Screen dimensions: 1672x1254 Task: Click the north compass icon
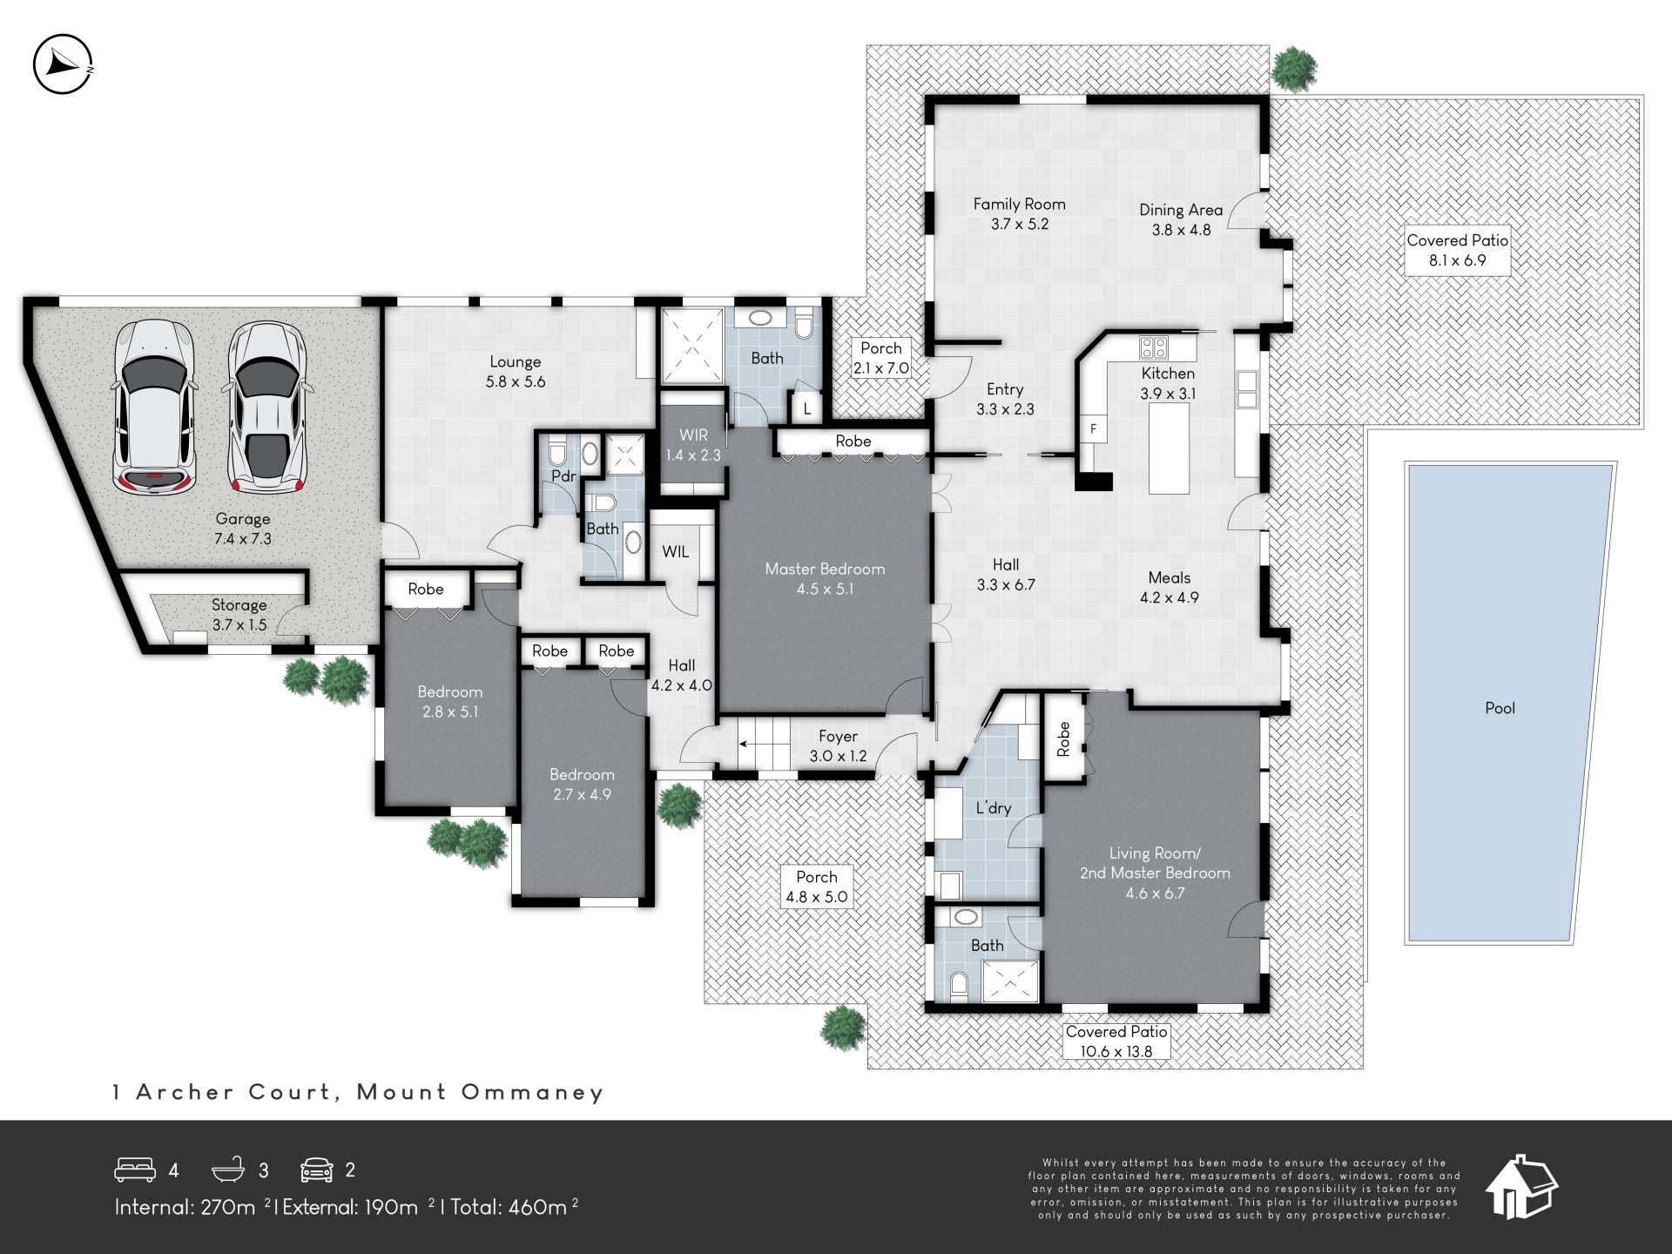[63, 64]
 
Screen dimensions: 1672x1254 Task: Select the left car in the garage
[155, 407]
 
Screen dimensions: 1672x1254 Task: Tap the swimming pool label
[1500, 708]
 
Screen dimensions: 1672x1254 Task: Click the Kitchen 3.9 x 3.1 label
[1168, 383]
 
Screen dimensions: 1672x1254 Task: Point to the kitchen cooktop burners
[1154, 347]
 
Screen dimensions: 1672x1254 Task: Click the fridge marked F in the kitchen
[1093, 428]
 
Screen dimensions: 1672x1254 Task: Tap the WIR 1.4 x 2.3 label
[693, 444]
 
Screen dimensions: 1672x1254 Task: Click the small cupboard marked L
[807, 408]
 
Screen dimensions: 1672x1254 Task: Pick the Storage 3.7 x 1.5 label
[239, 615]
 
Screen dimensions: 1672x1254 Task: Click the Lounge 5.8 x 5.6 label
[516, 371]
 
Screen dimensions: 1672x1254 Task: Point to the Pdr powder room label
[563, 476]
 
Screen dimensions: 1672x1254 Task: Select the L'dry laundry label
[993, 807]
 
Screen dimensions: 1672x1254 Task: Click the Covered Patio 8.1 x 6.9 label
[1457, 250]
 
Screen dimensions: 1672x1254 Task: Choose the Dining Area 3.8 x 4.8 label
[1181, 219]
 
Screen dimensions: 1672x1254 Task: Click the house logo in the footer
[1521, 1186]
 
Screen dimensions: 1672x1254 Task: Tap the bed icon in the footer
[135, 1170]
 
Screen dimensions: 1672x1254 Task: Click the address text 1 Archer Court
[223, 1092]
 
